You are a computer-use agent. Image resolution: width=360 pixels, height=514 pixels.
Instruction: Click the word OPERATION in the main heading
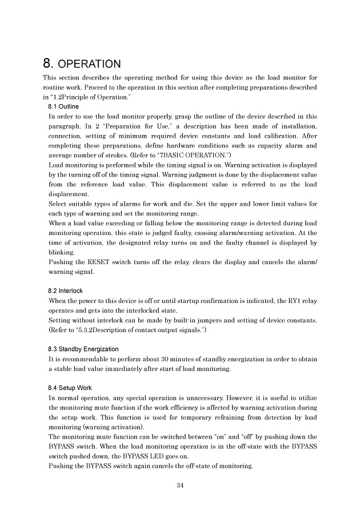pyautogui.click(x=92, y=63)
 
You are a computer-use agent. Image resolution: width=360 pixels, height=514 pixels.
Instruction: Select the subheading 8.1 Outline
pyautogui.click(x=63, y=106)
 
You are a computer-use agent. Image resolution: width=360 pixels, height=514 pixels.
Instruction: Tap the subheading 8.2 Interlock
pyautogui.click(x=66, y=291)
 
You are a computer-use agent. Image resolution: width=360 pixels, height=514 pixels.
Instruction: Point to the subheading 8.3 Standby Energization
pyautogui.click(x=83, y=349)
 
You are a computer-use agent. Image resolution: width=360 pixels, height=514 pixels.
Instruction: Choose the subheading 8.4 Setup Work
pyautogui.click(x=70, y=388)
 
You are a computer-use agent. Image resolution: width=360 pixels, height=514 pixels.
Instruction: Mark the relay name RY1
pyautogui.click(x=282, y=300)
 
